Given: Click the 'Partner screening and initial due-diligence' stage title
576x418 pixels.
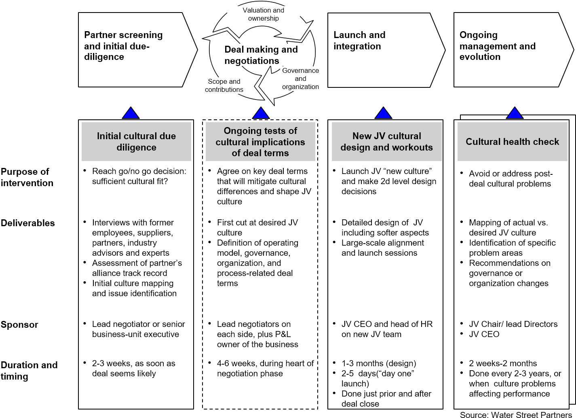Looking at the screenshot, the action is click(123, 46).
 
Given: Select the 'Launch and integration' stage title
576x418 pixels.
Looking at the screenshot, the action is click(359, 40).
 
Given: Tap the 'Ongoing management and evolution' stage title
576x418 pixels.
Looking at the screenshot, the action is click(497, 46).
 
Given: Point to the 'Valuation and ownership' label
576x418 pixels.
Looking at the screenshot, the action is click(263, 14).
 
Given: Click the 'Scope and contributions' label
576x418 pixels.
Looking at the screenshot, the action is click(224, 85).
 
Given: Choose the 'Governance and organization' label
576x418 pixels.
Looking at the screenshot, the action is click(300, 79).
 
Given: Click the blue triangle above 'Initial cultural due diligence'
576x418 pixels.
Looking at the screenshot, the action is click(131, 113).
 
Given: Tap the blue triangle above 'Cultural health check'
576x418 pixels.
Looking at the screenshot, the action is click(514, 113).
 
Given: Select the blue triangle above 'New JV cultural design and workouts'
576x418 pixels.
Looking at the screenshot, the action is click(383, 113).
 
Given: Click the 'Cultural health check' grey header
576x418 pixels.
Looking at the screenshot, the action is click(512, 142).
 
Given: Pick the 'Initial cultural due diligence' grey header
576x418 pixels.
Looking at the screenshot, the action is click(136, 142).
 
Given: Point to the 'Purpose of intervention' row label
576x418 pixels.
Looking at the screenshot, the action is click(27, 177).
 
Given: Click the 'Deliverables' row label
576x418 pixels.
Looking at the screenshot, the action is click(28, 223).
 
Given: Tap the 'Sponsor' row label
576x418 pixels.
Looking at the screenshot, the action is click(19, 325).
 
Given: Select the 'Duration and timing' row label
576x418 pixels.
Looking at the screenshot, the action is click(29, 371).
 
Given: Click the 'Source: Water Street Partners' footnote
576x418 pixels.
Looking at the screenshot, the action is click(516, 414).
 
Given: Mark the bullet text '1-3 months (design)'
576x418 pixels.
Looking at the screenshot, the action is click(379, 363).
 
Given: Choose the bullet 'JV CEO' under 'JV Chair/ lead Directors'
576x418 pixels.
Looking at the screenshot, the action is click(484, 334).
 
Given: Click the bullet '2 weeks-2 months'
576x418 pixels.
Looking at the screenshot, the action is click(503, 363).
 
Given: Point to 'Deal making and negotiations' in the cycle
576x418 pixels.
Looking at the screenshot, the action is click(261, 55).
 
